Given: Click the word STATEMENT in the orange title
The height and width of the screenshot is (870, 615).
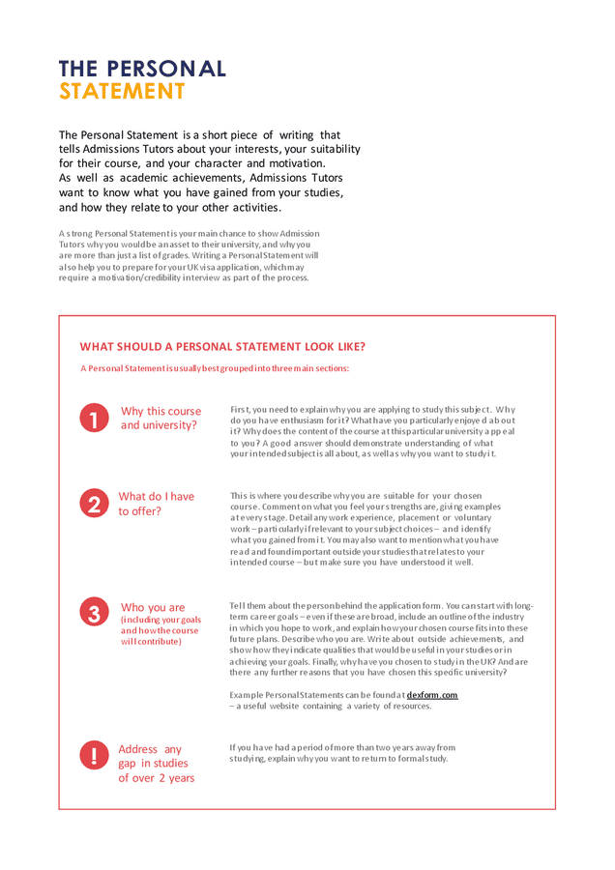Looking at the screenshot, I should coord(122,92).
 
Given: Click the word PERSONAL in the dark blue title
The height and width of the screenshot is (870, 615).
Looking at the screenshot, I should coord(165,69).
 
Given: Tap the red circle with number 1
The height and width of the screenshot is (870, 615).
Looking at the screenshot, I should coord(94,419).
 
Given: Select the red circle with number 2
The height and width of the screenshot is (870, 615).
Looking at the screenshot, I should coord(94,504).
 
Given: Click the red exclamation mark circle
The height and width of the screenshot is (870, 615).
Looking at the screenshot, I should coord(94,755).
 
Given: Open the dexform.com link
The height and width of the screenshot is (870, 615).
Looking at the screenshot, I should coord(432,695).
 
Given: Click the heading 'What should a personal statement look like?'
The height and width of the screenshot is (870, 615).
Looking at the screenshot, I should coord(222,347).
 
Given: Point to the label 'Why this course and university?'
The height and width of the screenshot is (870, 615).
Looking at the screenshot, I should coord(161,418).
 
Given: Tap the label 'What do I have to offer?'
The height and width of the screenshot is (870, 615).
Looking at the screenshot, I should coord(156,504).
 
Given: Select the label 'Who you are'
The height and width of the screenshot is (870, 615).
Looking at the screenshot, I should coord(153,608).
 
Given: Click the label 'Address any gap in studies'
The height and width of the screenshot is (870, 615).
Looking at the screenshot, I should coord(156,764).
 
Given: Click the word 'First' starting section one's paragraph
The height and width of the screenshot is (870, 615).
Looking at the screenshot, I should coord(239,410).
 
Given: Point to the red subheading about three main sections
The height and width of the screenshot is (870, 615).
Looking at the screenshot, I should coord(215,368).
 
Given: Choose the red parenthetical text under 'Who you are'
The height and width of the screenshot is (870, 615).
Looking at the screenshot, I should coord(161,630).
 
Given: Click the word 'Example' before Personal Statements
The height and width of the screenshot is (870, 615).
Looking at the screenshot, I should coord(248,695).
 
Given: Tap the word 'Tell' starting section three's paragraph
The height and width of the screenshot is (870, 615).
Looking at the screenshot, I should coord(237,605).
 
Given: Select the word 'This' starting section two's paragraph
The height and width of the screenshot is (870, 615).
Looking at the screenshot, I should coord(239,496).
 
